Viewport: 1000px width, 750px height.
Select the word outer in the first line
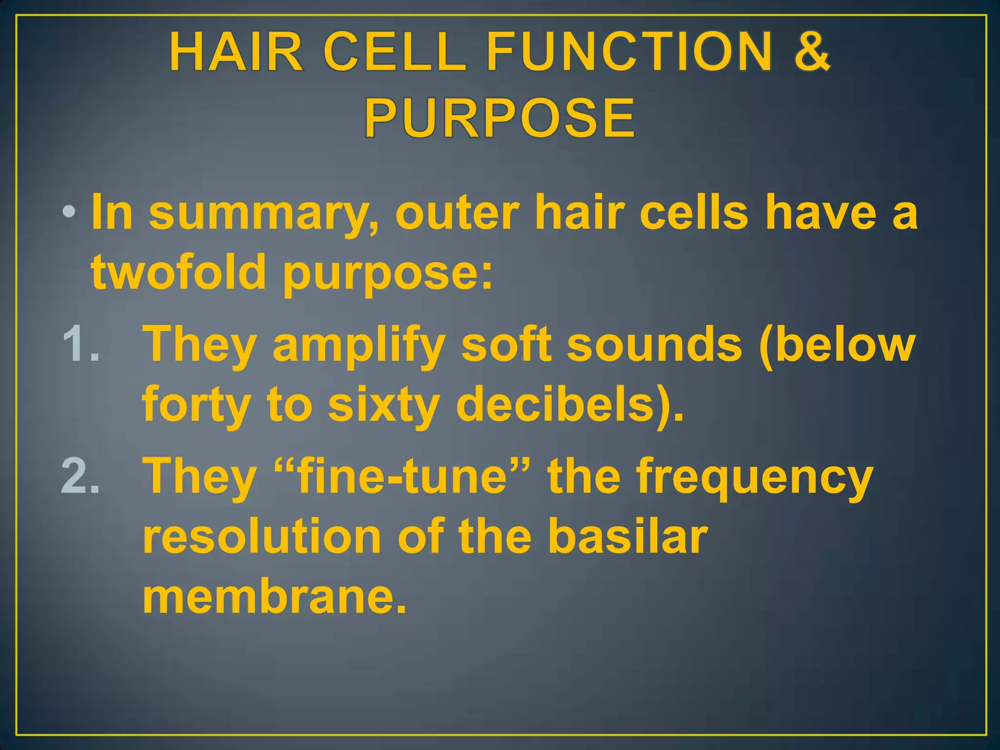(x=457, y=213)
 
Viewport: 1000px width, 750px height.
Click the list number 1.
(x=80, y=344)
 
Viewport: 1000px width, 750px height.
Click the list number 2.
(x=80, y=476)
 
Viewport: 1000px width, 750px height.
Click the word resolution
(x=261, y=537)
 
